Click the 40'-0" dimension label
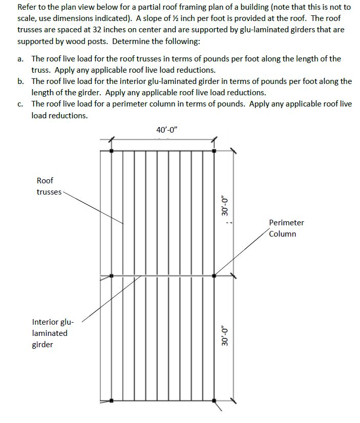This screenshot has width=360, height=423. click(166, 130)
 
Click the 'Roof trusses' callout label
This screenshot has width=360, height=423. click(48, 186)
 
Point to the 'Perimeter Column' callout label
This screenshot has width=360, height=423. click(286, 228)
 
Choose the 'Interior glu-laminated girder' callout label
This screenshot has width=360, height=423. click(53, 333)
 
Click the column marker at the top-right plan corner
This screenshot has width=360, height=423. click(214, 151)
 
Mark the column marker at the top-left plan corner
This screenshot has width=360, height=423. click(112, 151)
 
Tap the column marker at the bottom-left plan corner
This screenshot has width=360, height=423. click(112, 400)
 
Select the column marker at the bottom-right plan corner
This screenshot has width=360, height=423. click(214, 400)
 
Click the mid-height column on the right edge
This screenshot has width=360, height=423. click(214, 276)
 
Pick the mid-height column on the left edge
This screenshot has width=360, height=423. click(112, 276)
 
